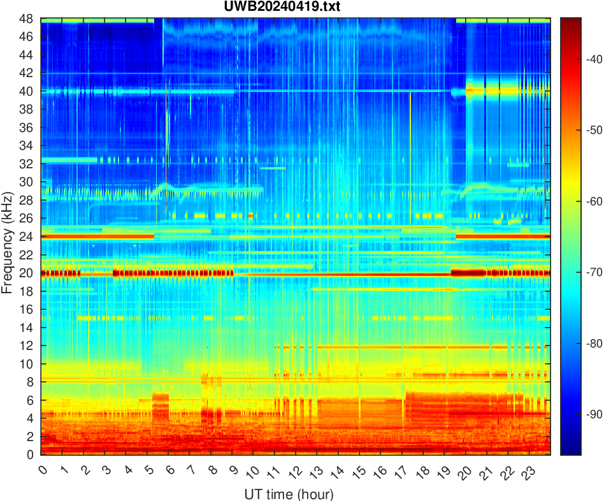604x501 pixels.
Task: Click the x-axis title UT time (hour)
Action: click(289, 494)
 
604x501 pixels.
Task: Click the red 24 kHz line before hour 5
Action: click(96, 236)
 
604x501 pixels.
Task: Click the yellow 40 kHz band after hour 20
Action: click(503, 91)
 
